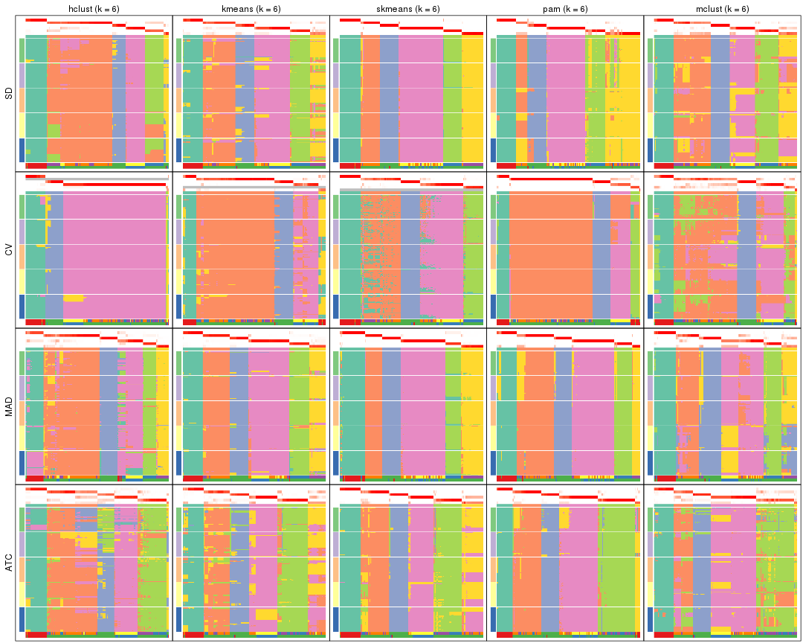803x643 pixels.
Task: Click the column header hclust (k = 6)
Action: click(94, 7)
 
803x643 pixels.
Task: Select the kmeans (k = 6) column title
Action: click(251, 7)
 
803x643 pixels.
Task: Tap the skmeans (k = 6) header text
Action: click(407, 7)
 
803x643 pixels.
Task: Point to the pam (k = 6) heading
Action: click(565, 7)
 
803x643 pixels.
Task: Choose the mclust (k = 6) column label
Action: click(722, 7)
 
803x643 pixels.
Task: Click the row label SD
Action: click(9, 94)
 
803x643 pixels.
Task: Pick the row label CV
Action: click(9, 250)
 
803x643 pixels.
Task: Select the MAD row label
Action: click(9, 406)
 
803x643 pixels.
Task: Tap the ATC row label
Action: click(9, 563)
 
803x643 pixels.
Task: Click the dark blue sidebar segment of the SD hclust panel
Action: click(22, 150)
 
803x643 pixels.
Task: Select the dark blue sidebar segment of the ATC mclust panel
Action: click(650, 618)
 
